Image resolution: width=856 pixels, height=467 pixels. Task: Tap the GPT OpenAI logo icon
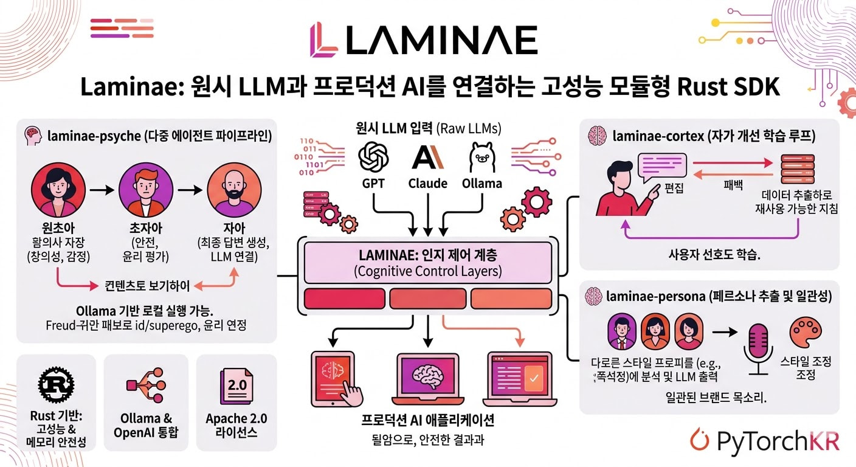(373, 156)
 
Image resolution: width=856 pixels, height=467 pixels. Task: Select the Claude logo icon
(428, 156)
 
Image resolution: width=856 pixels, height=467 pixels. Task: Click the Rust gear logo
(55, 384)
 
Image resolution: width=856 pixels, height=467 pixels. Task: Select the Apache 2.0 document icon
(236, 384)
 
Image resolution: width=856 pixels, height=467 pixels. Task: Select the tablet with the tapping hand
(335, 378)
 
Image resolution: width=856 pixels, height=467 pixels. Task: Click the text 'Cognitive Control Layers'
(428, 271)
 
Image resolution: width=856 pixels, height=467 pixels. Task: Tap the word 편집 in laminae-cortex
(674, 188)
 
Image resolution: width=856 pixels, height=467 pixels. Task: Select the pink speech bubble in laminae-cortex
(661, 165)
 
